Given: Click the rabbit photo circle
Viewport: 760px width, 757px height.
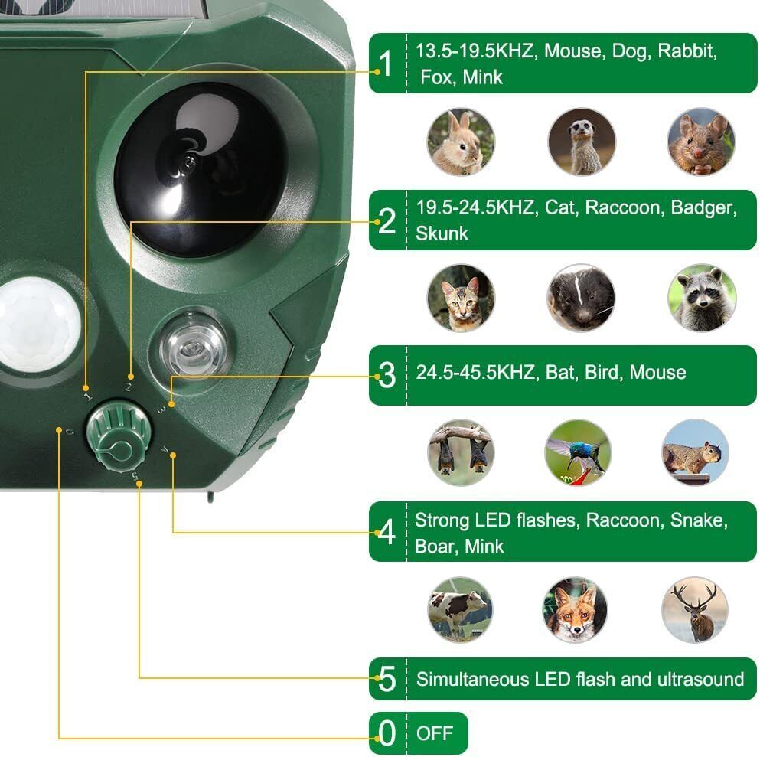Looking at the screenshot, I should (461, 142).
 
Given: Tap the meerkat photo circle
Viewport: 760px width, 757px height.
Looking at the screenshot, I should (582, 142).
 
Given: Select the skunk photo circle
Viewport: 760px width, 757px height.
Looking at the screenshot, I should (581, 298).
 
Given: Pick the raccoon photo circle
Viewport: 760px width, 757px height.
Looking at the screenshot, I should (701, 298).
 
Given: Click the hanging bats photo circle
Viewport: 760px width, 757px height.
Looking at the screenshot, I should (461, 452).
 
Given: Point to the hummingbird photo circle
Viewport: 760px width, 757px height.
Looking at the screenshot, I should (579, 452).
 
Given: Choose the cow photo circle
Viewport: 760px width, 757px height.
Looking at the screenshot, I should (460, 609).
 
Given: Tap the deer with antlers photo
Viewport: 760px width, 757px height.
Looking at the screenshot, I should (695, 609).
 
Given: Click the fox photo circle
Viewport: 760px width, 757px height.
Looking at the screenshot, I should (576, 609).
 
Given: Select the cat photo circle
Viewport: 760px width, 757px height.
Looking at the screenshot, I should (461, 298).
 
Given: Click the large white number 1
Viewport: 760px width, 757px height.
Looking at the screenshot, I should (387, 64).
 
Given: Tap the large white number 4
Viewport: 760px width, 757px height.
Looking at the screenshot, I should (387, 532).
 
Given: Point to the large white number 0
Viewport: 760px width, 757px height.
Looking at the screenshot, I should (387, 733).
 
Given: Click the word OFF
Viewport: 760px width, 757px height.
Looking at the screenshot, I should (434, 733).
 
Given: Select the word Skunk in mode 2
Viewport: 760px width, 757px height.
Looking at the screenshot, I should (442, 233).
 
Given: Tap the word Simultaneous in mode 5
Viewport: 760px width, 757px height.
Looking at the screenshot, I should (472, 679).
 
